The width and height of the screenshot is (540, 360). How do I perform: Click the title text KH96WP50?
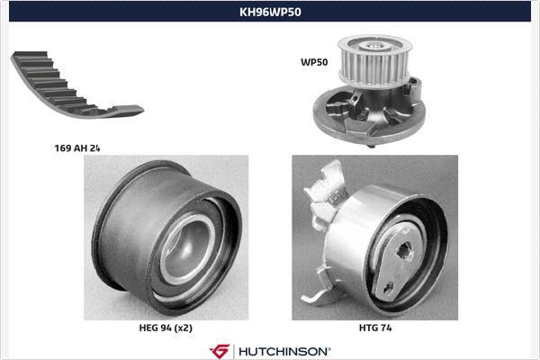(270, 12)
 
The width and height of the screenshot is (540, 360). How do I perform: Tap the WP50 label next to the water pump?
(313, 63)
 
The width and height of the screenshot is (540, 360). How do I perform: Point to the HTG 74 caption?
(375, 330)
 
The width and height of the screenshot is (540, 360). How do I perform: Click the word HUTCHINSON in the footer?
(284, 349)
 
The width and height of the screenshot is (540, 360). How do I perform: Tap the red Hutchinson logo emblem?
(220, 349)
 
